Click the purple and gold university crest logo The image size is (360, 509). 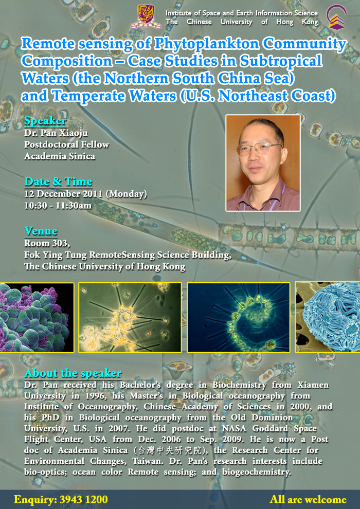tap(146, 16)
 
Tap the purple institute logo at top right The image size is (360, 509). tap(337, 17)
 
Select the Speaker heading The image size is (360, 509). tap(45, 121)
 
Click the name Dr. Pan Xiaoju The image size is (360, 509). tap(51, 133)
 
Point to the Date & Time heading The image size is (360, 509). tap(59, 181)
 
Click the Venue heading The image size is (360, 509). tap(41, 231)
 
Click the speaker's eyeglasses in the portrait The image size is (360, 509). tap(258, 149)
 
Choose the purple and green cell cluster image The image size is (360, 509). tap(37, 317)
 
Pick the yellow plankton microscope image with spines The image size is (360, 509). tap(130, 317)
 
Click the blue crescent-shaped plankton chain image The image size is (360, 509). tap(239, 317)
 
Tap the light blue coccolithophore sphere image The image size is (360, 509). tap(328, 317)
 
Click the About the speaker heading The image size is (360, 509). tap(73, 373)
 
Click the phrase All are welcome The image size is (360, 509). tap(308, 499)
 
